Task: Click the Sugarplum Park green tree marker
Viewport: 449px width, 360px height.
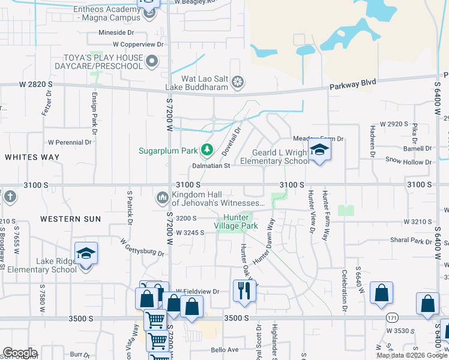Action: click(207, 149)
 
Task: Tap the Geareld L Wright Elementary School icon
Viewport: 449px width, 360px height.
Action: click(319, 151)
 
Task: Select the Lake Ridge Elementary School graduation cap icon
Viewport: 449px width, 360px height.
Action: click(86, 254)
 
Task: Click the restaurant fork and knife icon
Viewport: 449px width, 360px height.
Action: click(244, 291)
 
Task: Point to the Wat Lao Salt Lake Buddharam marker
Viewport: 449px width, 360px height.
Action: click(238, 82)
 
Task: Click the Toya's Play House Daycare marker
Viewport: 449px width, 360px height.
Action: click(152, 61)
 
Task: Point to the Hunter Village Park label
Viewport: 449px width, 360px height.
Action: click(240, 221)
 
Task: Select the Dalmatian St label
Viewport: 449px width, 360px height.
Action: click(211, 166)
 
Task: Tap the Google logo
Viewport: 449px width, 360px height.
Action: click(20, 353)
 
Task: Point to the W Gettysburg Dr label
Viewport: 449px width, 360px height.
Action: click(142, 247)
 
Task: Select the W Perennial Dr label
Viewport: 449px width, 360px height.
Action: click(70, 143)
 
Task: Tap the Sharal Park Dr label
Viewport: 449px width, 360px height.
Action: click(410, 242)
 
